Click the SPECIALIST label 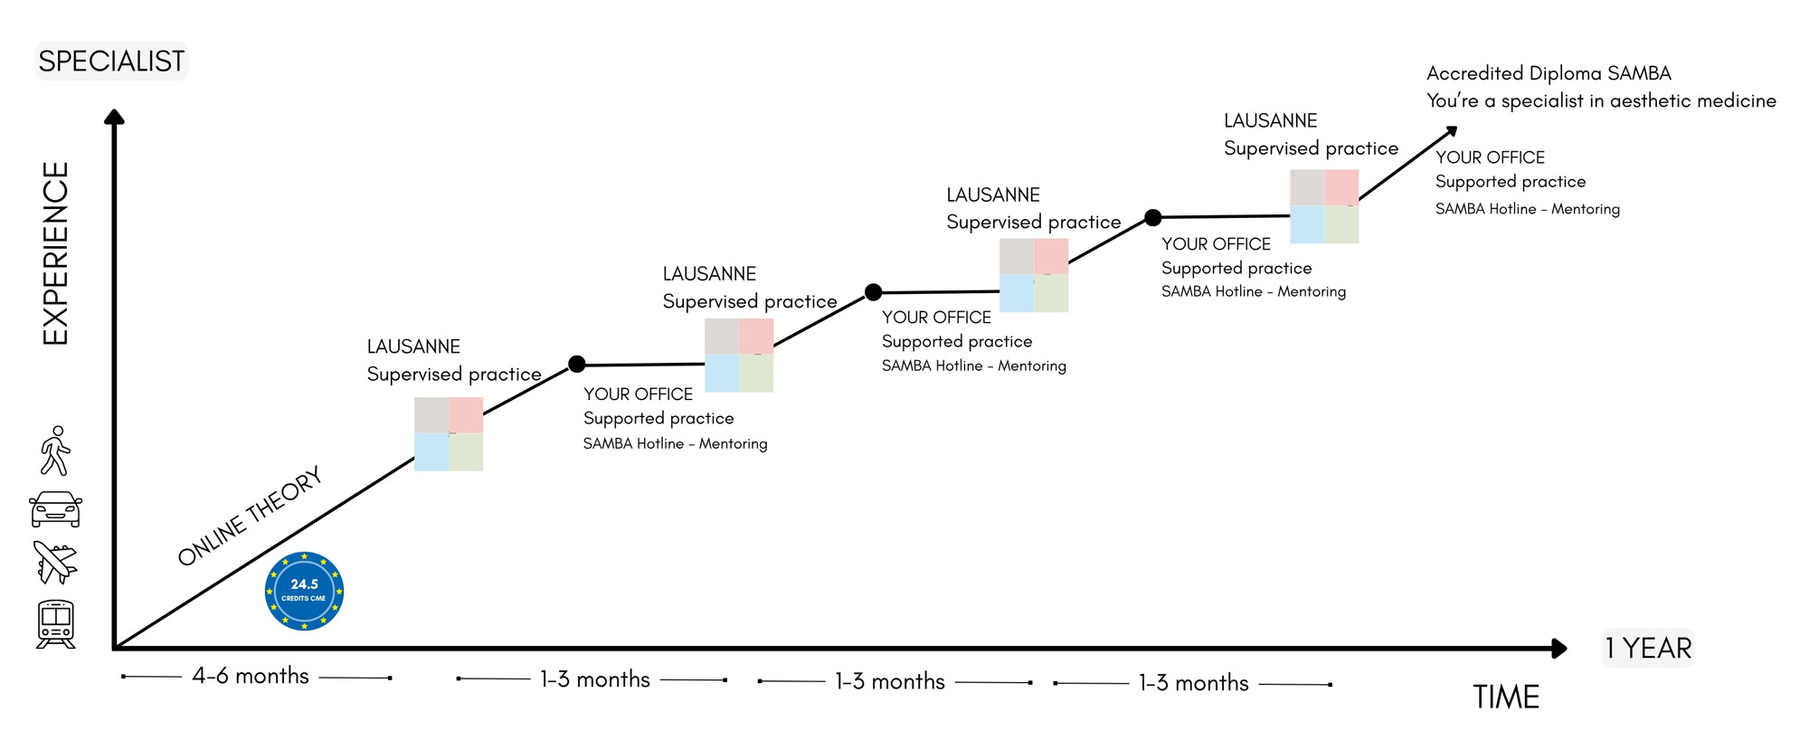click(x=111, y=61)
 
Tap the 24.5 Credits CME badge click(x=304, y=591)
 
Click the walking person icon click(x=55, y=451)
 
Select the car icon click(x=55, y=508)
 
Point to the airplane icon click(x=55, y=563)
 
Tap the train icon click(x=55, y=623)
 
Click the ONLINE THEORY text click(x=250, y=517)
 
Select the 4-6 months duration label click(x=251, y=676)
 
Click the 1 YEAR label click(x=1648, y=648)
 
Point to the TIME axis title click(x=1506, y=697)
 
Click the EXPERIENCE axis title click(x=56, y=253)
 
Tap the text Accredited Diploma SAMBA click(x=1549, y=73)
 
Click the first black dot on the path click(x=577, y=364)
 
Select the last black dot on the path click(x=1152, y=217)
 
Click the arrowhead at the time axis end click(x=1558, y=648)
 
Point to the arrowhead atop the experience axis click(x=114, y=117)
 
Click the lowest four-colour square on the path click(x=449, y=434)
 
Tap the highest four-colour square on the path click(x=1324, y=206)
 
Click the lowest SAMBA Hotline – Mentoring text click(x=675, y=443)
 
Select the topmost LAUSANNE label click(x=1270, y=121)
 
